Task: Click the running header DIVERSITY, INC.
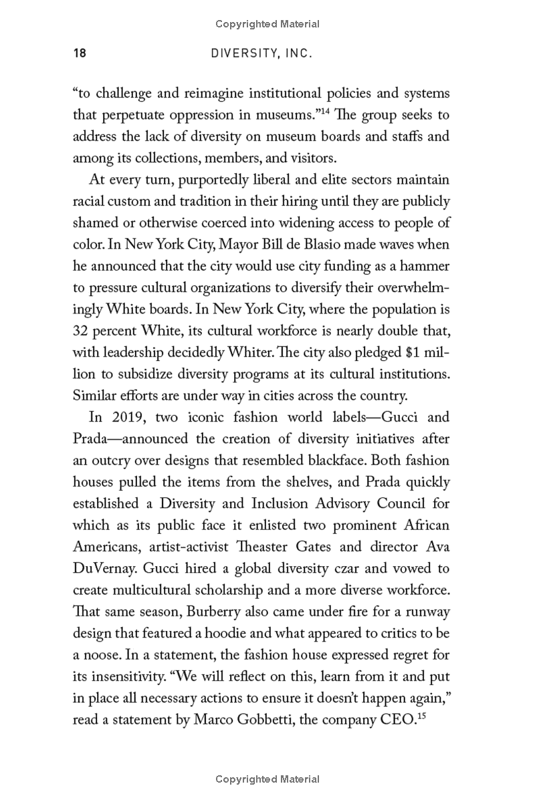click(261, 53)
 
